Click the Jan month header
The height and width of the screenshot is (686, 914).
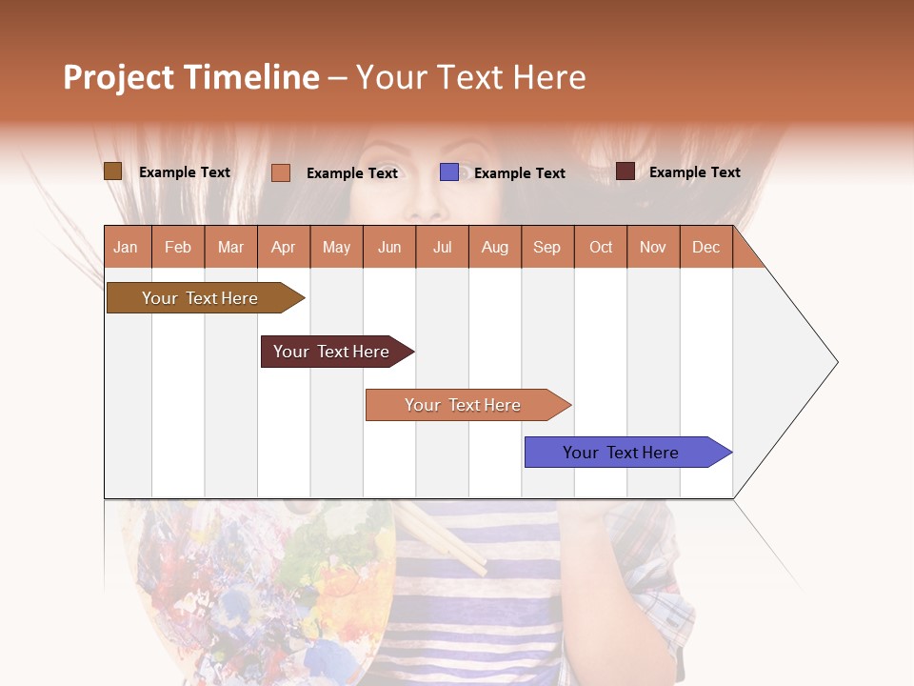[126, 248]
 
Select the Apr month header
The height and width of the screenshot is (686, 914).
[283, 248]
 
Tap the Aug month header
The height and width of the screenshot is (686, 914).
[494, 248]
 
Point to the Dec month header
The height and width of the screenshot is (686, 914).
[705, 248]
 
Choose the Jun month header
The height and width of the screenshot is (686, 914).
[388, 248]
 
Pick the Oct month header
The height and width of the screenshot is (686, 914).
[600, 248]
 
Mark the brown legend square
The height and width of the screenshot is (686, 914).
[112, 171]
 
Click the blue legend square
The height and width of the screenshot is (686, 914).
[448, 172]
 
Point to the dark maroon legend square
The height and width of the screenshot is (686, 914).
[625, 171]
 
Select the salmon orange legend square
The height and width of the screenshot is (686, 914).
[280, 172]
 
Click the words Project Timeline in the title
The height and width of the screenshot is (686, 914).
[190, 78]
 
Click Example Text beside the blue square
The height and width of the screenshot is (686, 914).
[519, 173]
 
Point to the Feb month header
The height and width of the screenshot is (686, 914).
[177, 248]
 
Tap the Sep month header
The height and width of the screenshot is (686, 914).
[546, 248]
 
